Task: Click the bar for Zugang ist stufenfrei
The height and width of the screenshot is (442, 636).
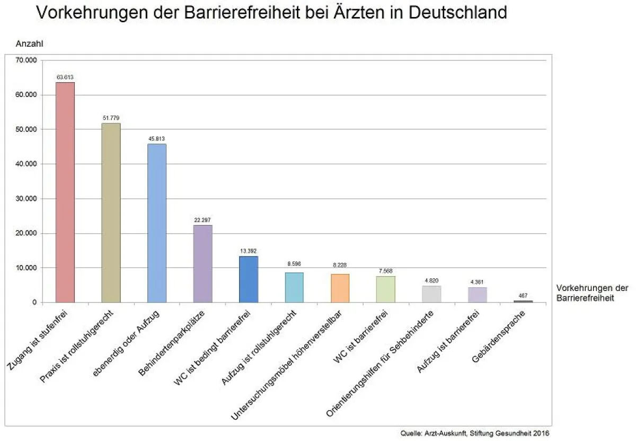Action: point(65,192)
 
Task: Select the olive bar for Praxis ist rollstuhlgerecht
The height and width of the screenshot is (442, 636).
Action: point(111,213)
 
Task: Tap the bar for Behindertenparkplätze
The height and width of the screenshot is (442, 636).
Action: point(202,263)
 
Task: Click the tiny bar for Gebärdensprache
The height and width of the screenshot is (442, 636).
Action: point(524,301)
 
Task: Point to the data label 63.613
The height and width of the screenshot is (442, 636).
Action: point(65,77)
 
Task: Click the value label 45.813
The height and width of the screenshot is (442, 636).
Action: point(157,139)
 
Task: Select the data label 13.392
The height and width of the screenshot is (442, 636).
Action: point(249,251)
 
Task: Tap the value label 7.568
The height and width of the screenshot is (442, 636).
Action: point(386,271)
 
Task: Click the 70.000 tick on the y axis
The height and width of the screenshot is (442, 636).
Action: point(26,60)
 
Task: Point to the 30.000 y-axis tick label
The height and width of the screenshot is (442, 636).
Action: point(26,199)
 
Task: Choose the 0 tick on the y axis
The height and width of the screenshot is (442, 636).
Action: point(34,303)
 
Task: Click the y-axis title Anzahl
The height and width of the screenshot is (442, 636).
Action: point(29,44)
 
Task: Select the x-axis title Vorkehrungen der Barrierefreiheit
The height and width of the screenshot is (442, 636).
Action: point(592,293)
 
